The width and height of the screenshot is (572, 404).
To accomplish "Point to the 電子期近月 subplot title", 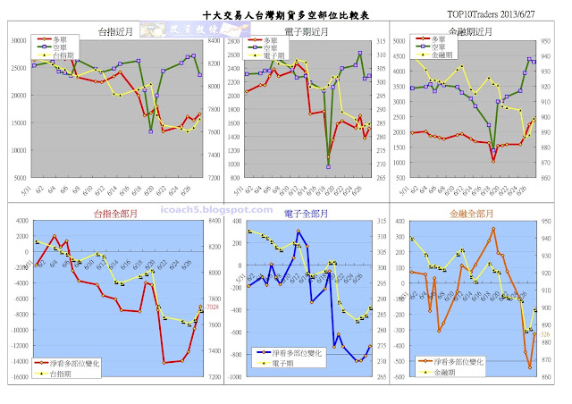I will coord(297,31).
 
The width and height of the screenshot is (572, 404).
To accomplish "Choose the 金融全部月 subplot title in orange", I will coord(471,214).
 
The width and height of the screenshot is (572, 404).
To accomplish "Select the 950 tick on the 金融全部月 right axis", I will coord(552,223).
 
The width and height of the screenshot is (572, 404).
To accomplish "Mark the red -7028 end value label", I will coord(212,307).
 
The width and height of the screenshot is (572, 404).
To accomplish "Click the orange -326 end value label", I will coord(544,333).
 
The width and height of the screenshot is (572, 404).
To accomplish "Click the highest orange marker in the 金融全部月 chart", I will coord(493,229).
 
